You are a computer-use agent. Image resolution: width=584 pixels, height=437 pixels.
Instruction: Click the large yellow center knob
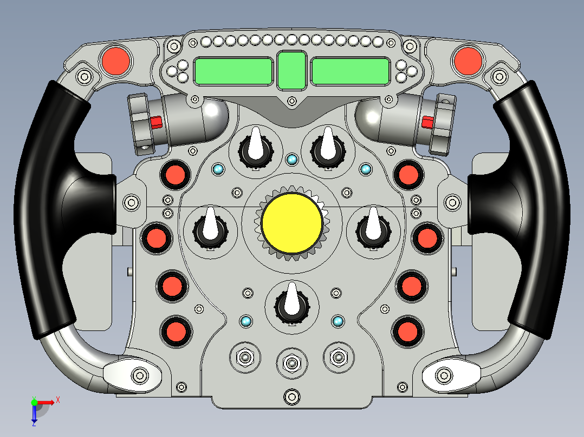pyautogui.click(x=293, y=222)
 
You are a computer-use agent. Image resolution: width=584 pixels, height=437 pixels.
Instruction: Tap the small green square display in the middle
pyautogui.click(x=291, y=70)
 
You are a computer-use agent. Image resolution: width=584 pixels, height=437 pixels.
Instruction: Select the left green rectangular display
pyautogui.click(x=233, y=71)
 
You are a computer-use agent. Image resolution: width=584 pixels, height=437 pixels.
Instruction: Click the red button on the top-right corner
pyautogui.click(x=468, y=61)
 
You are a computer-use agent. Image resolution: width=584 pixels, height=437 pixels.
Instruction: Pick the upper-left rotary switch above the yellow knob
pyautogui.click(x=255, y=147)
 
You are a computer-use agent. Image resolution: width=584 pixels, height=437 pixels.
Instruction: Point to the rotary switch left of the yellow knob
pyautogui.click(x=210, y=229)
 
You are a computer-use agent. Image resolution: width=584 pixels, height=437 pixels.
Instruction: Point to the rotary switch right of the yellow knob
pyautogui.click(x=373, y=229)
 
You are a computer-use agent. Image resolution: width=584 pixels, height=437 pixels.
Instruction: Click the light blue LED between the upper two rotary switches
pyautogui.click(x=292, y=159)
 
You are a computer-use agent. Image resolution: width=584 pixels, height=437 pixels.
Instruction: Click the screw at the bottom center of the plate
pyautogui.click(x=291, y=396)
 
